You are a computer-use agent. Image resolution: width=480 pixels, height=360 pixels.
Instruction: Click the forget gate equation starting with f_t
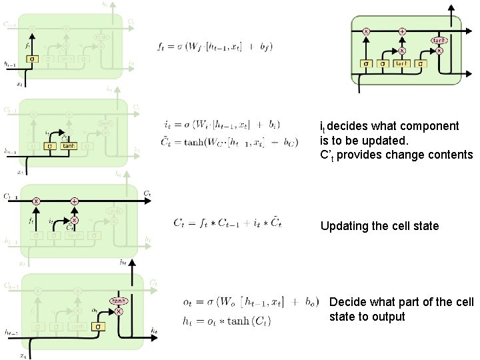[215, 46]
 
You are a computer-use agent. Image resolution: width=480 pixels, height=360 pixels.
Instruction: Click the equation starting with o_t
[249, 301]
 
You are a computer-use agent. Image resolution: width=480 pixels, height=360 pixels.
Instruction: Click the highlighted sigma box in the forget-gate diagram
[31, 59]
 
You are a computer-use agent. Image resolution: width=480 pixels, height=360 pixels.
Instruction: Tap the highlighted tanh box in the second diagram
[69, 145]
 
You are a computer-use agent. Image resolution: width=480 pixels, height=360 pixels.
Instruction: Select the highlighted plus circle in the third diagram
[74, 201]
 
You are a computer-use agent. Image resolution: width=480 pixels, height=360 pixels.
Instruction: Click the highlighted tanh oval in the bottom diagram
[119, 301]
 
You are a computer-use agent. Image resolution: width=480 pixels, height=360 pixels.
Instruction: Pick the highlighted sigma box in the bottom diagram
[97, 327]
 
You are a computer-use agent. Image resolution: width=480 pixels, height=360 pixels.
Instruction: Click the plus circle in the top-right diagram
[403, 31]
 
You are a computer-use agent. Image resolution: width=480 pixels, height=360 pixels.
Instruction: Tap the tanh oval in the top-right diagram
[439, 40]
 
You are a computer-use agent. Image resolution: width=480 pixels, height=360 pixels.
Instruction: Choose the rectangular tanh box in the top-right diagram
[401, 63]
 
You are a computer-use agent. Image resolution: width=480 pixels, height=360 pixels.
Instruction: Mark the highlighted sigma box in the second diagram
[49, 145]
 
